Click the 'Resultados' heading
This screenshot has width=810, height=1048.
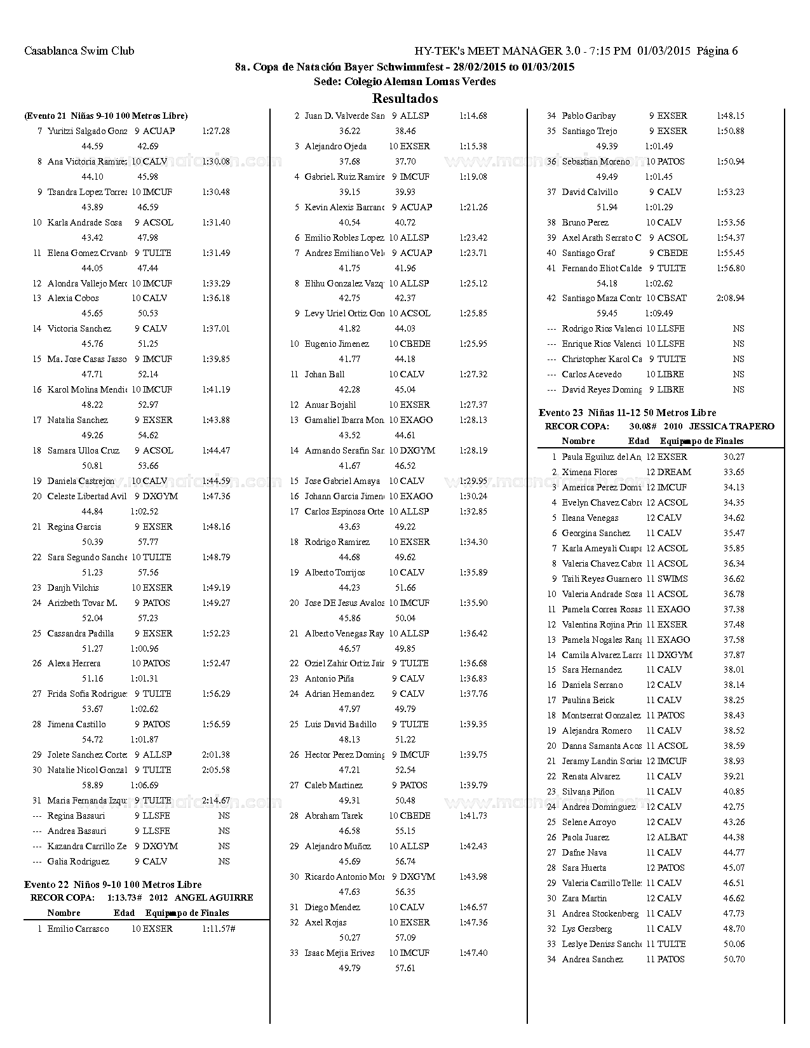405,98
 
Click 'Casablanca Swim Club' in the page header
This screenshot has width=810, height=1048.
79,51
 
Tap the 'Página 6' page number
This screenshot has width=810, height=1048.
717,51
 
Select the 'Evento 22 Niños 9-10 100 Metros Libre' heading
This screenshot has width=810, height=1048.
112,884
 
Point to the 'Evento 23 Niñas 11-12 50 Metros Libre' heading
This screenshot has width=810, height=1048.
627,412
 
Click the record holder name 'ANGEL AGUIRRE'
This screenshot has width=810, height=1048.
213,897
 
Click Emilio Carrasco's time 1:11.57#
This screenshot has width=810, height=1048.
219,929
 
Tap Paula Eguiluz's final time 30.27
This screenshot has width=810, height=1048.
734,457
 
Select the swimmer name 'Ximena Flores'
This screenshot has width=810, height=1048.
590,472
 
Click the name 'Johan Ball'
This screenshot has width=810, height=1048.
324,374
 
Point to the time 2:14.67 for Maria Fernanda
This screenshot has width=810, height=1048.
216,800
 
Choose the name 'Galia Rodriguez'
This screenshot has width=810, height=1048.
78,861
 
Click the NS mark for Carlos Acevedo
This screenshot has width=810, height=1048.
738,374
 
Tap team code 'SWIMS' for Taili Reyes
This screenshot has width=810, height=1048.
672,579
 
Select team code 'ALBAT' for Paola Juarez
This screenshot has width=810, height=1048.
672,837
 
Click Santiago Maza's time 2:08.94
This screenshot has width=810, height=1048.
730,298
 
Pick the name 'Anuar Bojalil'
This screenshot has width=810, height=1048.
330,405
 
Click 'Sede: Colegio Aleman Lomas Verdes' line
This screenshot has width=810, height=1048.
405,81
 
